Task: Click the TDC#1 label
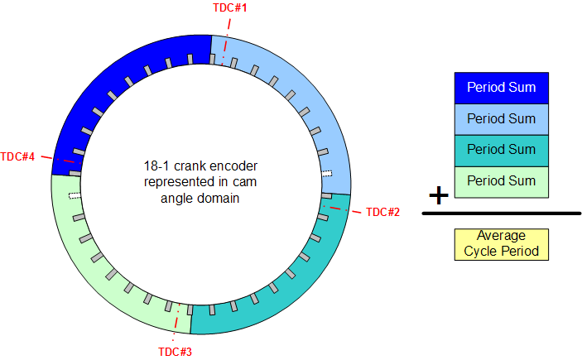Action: point(230,7)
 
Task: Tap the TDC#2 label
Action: point(382,212)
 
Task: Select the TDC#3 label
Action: point(175,352)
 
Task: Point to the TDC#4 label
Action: point(17,156)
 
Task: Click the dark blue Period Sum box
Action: point(502,88)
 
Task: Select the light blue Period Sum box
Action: point(502,119)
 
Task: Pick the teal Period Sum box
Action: point(502,151)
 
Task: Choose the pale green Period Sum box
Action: point(502,182)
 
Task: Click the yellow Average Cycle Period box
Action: point(502,245)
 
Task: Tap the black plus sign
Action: point(439,195)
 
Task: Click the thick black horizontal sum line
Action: point(502,214)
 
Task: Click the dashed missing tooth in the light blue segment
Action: point(327,173)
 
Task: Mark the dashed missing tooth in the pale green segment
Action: point(75,195)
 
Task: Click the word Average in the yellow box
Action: point(501,236)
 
